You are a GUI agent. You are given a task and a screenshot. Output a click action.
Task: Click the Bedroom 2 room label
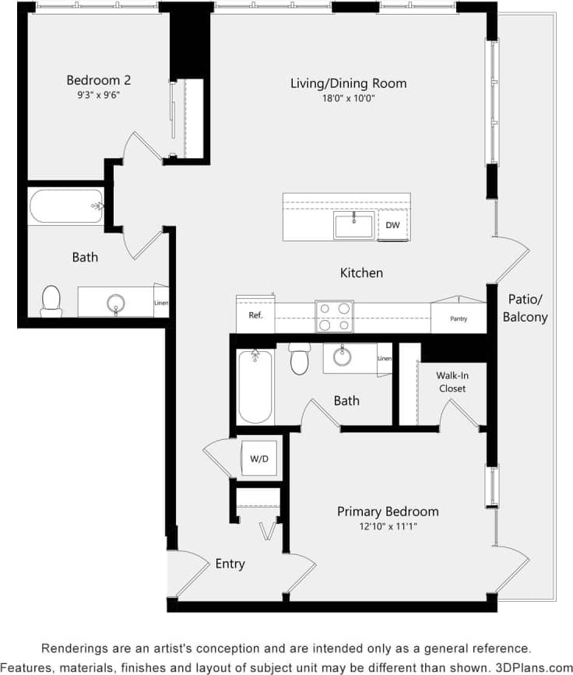[98, 80]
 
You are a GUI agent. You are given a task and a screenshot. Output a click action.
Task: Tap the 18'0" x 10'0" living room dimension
[348, 98]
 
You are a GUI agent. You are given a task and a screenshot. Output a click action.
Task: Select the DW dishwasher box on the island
[392, 226]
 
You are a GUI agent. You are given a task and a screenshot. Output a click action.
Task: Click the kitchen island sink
[354, 226]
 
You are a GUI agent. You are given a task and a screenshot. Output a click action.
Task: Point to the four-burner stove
[334, 317]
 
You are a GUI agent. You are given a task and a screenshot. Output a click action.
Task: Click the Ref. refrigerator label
[255, 315]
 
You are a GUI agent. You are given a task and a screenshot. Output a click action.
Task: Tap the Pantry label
[459, 318]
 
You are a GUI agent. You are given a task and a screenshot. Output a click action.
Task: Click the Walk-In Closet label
[452, 381]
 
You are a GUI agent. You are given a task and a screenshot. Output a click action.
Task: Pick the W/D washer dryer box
[259, 459]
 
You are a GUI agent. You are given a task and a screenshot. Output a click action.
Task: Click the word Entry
[230, 564]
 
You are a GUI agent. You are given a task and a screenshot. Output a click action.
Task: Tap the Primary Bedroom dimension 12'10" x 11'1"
[387, 527]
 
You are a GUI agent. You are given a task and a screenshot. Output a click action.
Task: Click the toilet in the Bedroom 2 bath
[51, 301]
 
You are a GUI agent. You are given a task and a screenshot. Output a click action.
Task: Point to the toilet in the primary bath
[300, 359]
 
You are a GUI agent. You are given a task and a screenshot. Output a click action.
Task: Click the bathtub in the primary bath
[255, 386]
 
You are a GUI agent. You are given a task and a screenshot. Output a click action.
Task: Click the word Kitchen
[361, 273]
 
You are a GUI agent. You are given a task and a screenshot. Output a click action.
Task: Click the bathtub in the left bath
[65, 207]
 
